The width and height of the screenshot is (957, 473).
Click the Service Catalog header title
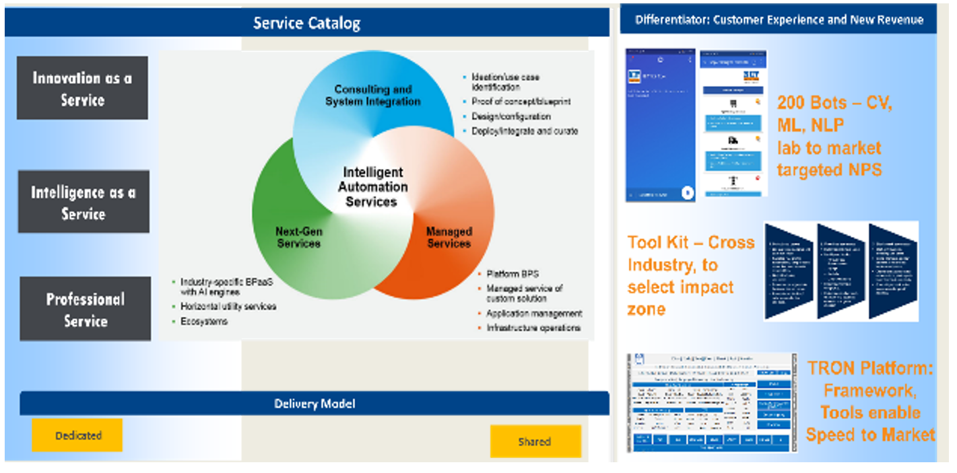pos(306,24)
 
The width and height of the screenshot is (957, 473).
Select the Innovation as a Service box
pos(82,88)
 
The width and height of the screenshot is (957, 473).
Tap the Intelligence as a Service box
pos(83,203)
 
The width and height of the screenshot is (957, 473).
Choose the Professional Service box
pos(85,310)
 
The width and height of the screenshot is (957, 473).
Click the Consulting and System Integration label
pos(372,96)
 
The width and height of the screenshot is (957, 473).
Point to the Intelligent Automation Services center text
pos(372,187)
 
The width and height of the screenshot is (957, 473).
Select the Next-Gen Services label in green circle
pos(298,238)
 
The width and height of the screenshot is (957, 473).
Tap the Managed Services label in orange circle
pos(449,238)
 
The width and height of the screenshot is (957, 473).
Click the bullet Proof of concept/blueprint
pos(521,102)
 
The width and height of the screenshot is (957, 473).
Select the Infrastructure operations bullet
pos(533,328)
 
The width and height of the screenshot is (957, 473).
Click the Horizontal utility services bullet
pos(228,307)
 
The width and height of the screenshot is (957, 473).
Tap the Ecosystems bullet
pos(204,322)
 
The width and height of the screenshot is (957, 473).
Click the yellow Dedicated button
pos(77,435)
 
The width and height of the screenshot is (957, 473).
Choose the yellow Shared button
pos(535,442)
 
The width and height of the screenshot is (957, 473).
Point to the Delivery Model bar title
pos(315,404)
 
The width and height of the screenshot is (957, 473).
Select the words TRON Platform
pos(869,367)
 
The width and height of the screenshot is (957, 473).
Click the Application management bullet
pos(534,314)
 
